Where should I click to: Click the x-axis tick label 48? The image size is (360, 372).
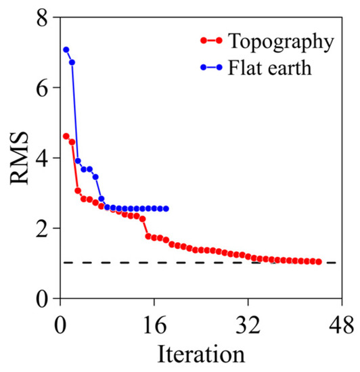click(x=342, y=323)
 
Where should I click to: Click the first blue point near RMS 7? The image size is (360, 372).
click(x=66, y=49)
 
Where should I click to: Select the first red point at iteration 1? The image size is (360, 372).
click(x=66, y=136)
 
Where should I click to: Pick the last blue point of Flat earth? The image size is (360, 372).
click(x=166, y=208)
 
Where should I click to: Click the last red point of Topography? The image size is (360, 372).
click(x=318, y=262)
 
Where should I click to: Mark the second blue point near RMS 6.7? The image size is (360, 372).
click(x=72, y=62)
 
